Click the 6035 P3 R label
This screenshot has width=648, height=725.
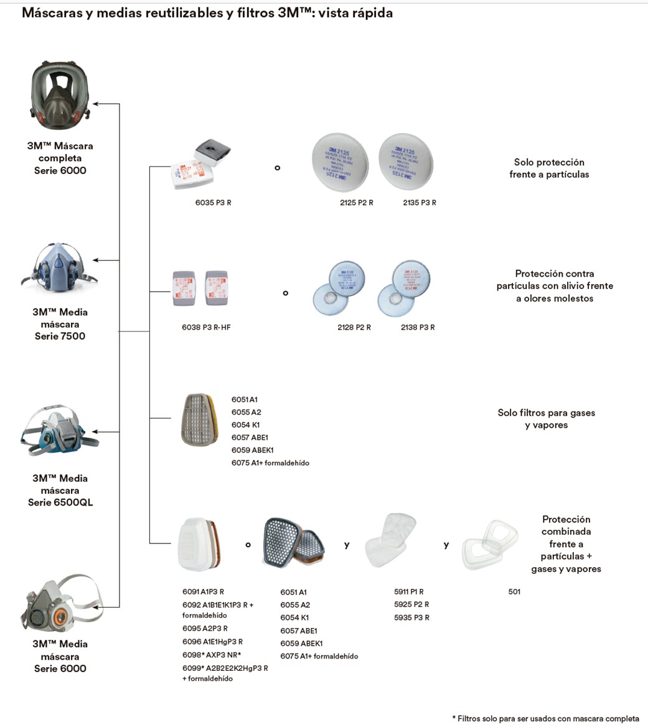(213, 203)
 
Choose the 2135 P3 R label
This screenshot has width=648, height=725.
(420, 203)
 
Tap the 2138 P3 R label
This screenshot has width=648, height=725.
(418, 327)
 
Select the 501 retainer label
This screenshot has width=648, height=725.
(514, 592)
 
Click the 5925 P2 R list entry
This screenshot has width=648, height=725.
(411, 604)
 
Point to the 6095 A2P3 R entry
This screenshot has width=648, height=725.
(205, 629)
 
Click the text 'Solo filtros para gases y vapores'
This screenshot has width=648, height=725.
(546, 419)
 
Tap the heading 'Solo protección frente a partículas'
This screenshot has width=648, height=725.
(548, 168)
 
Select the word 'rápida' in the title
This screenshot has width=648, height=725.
(370, 13)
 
